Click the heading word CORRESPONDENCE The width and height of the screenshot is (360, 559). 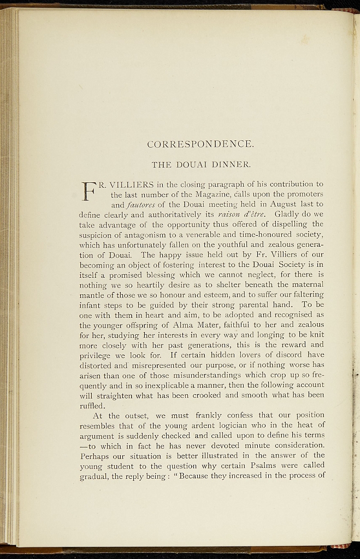(200, 145)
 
